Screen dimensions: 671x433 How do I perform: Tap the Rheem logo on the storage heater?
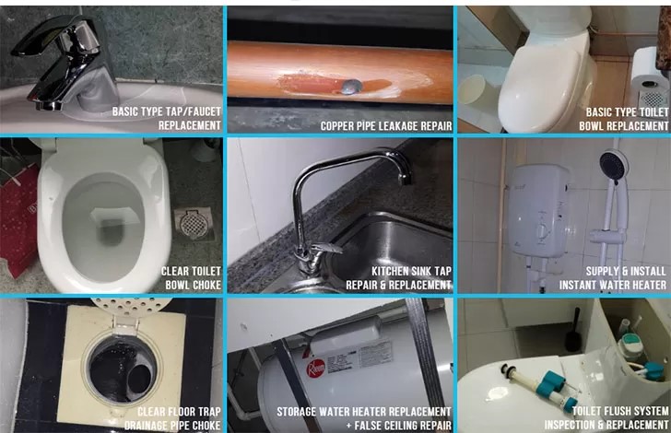(x=316, y=367)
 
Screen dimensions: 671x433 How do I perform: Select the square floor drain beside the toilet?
(x=194, y=223)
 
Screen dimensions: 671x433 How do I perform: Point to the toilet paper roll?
(x=650, y=78)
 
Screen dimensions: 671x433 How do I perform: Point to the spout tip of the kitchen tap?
(x=406, y=179)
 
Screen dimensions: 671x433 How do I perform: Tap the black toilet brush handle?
(x=574, y=327)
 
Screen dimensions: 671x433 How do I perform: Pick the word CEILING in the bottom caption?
(x=405, y=426)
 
